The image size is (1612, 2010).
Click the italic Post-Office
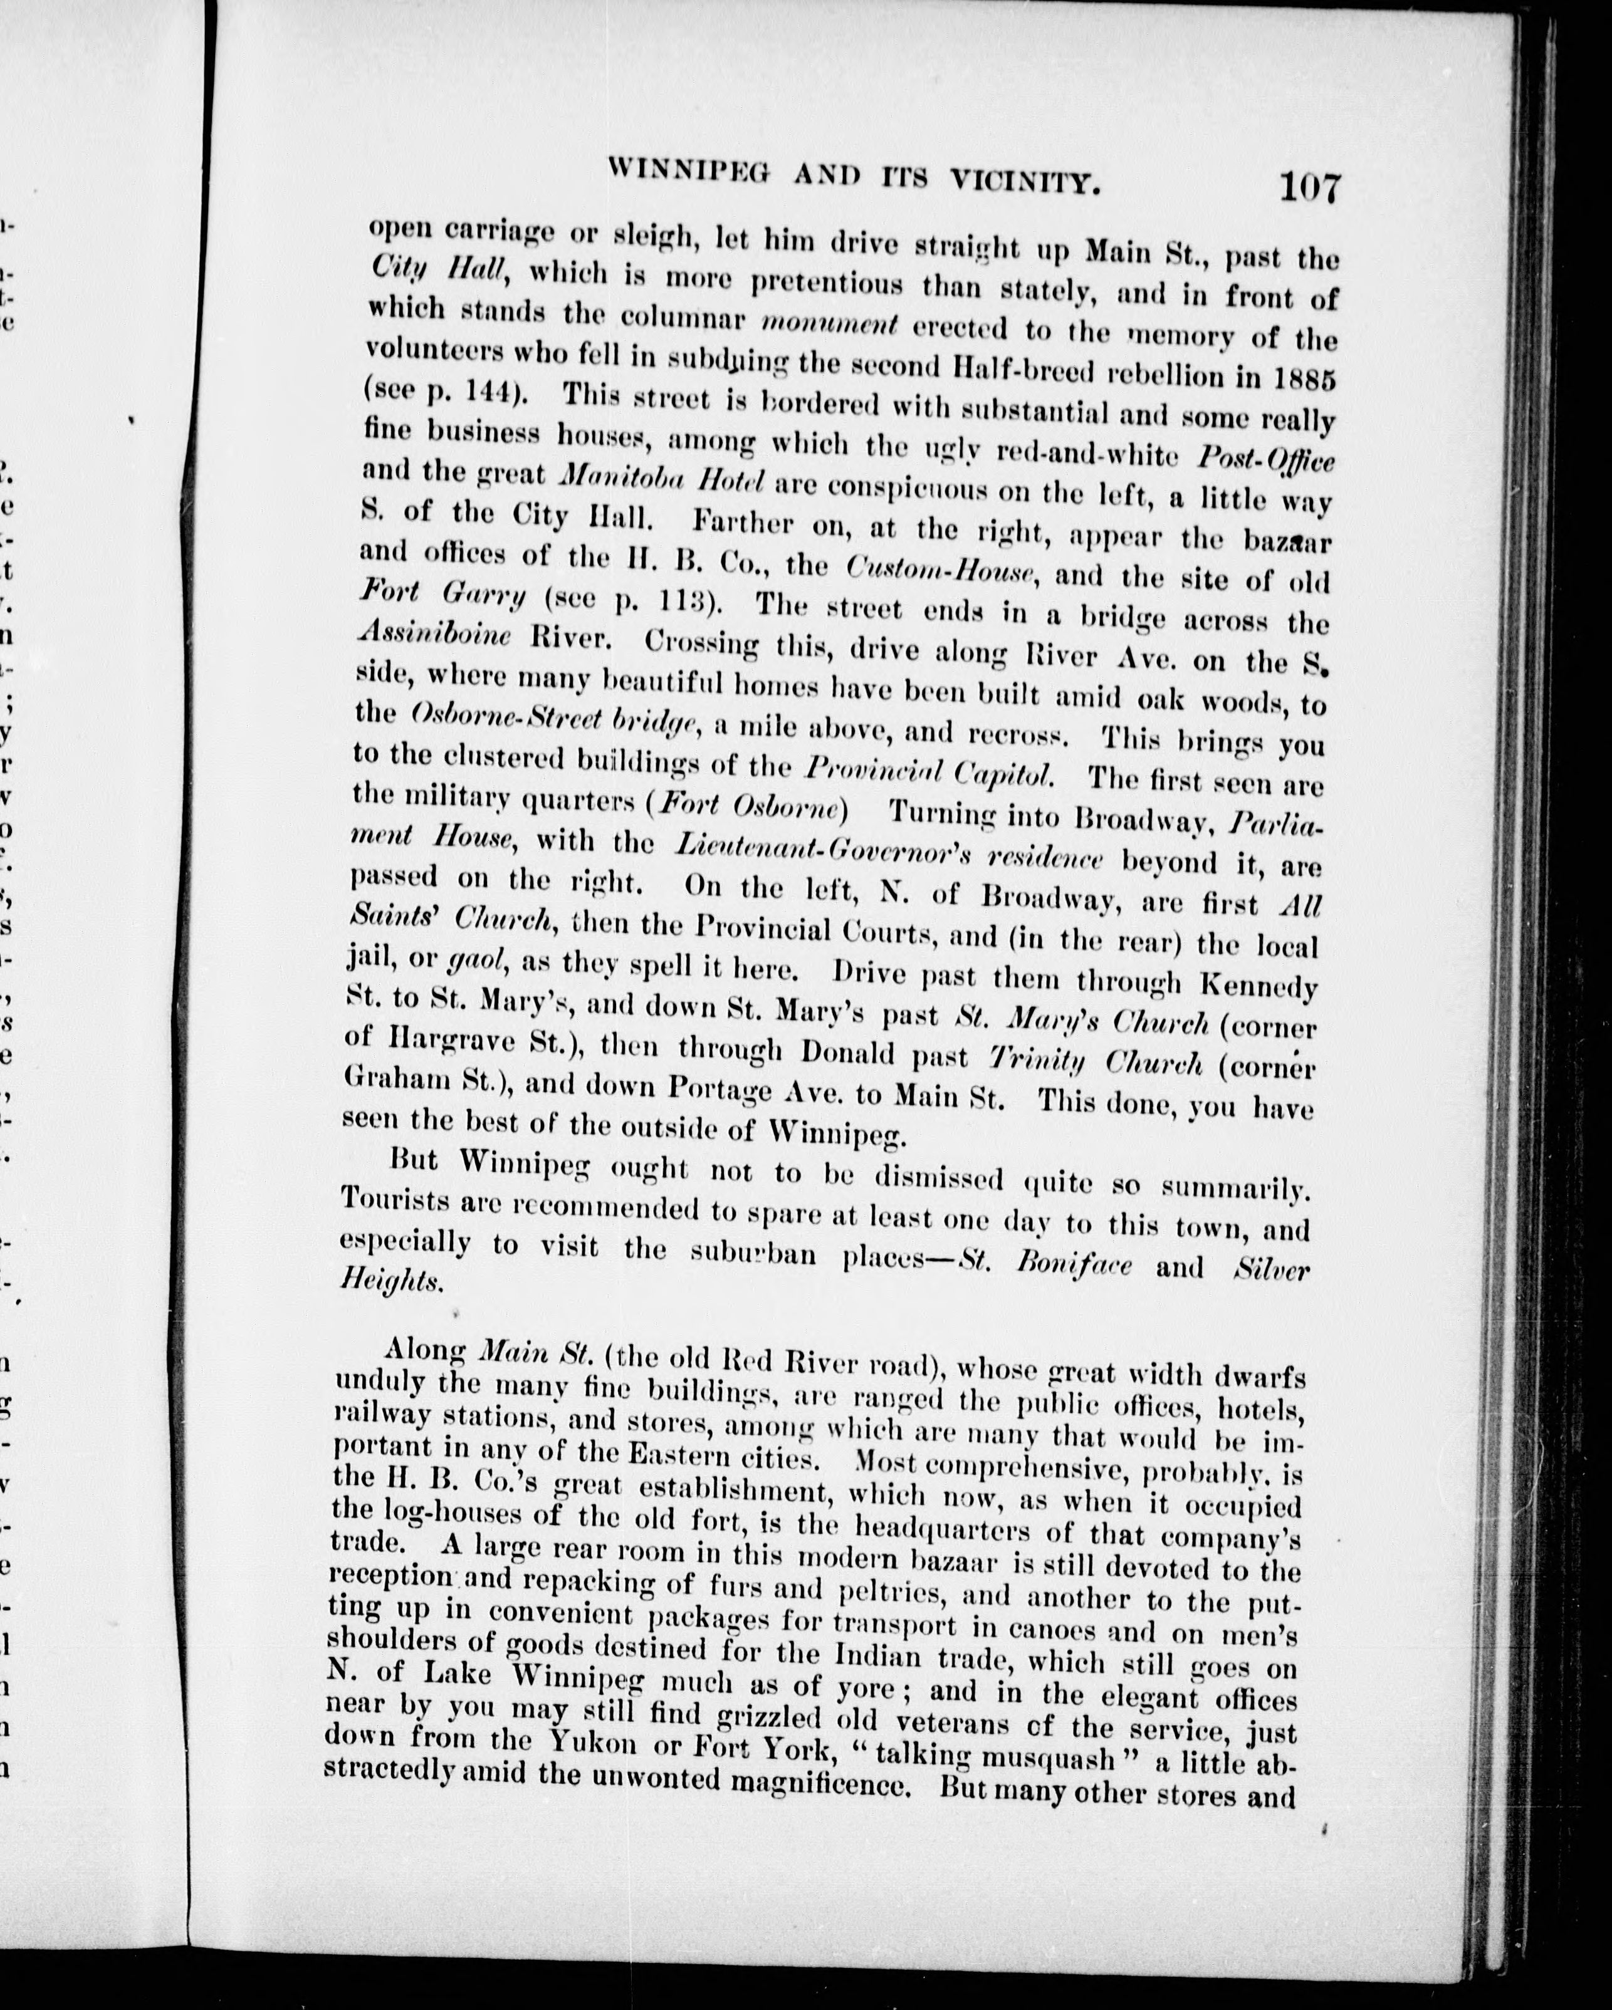pos(1265,459)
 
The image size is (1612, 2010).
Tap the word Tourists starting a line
pos(394,1198)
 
